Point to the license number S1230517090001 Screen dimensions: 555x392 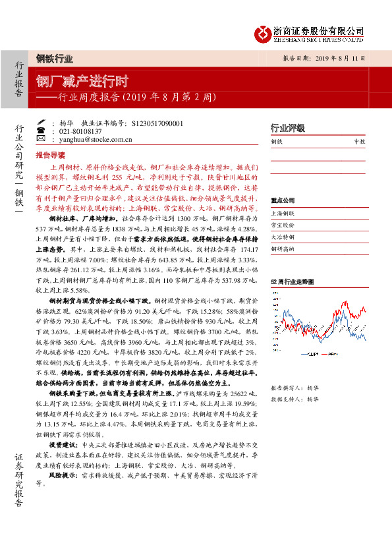click(x=157, y=123)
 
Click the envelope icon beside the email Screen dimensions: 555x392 click(x=41, y=140)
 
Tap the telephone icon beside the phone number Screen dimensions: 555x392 click(x=41, y=131)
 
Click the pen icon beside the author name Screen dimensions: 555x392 click(x=41, y=123)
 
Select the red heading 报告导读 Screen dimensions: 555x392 click(x=50, y=156)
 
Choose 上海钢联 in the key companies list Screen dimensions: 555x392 click(x=282, y=214)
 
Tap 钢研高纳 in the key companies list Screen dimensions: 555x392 click(x=282, y=248)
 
